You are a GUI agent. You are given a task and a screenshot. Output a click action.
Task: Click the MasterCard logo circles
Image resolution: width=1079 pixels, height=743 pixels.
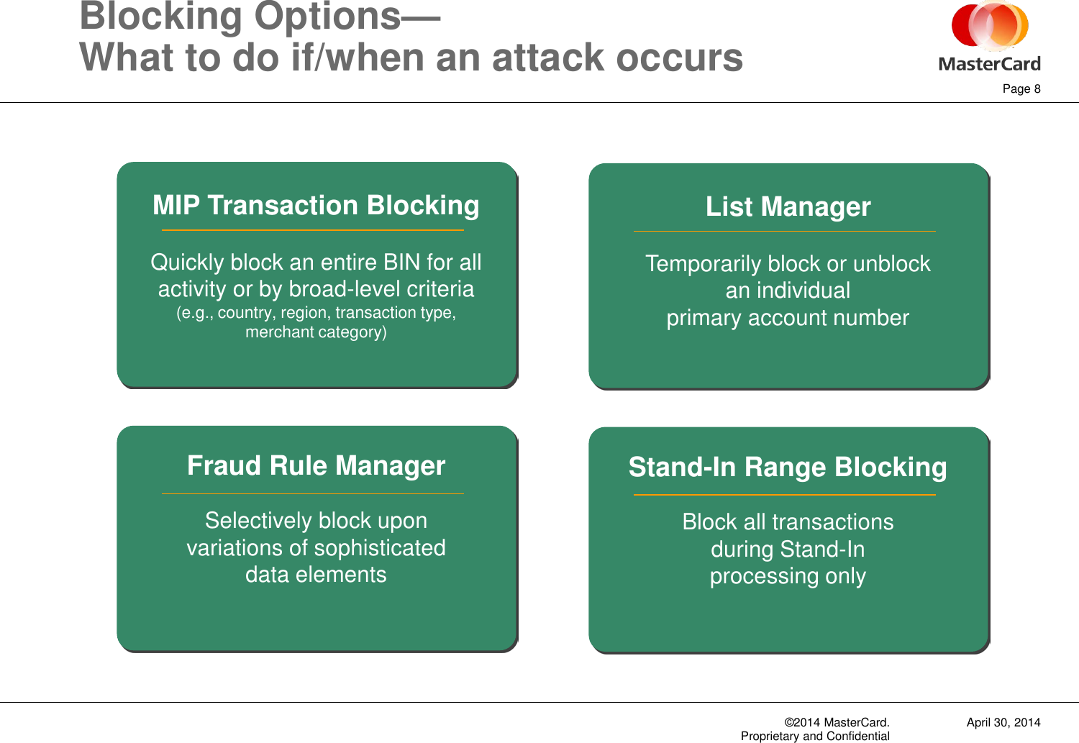click(990, 27)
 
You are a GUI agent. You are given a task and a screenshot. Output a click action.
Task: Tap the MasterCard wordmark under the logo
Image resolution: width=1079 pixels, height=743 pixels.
click(990, 64)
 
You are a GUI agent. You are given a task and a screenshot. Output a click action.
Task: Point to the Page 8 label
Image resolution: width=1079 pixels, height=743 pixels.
click(1021, 88)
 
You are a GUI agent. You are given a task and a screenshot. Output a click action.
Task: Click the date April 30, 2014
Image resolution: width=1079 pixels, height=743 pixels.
click(1003, 722)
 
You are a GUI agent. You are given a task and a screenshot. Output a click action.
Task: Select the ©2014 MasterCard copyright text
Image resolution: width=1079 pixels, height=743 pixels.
click(837, 722)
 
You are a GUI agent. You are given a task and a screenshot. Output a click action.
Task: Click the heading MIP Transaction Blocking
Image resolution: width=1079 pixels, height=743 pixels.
click(316, 206)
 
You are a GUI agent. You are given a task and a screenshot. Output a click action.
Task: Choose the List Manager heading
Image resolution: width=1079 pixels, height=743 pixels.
click(788, 207)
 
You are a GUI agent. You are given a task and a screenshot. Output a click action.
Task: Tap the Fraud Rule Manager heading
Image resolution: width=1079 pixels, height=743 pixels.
click(316, 466)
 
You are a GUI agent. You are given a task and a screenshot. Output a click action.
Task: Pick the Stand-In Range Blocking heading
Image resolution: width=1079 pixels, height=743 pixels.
click(788, 468)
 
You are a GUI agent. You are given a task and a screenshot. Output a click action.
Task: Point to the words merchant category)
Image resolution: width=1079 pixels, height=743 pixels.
click(316, 332)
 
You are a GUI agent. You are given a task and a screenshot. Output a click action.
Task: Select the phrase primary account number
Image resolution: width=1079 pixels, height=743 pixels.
click(788, 318)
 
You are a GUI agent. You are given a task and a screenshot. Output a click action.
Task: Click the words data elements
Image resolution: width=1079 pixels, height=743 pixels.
click(316, 575)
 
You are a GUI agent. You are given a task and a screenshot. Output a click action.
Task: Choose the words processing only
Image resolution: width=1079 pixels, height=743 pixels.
click(788, 576)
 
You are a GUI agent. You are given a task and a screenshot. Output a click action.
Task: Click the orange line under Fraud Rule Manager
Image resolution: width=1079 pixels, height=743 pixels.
click(313, 494)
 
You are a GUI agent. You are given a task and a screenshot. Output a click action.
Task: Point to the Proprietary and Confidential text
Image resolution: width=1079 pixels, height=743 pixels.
click(815, 736)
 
